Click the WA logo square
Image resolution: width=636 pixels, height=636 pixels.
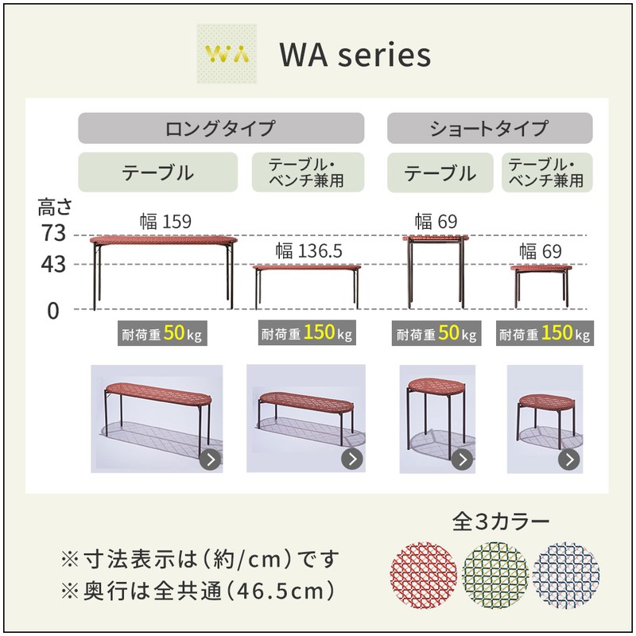(227, 53)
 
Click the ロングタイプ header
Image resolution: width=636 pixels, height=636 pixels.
(221, 128)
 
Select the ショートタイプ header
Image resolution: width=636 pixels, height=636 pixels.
(490, 128)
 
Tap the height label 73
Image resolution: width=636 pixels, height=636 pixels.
(53, 233)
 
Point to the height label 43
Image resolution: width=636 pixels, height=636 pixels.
(53, 265)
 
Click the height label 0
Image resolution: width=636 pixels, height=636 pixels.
(53, 311)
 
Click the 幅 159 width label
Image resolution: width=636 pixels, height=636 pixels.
(165, 222)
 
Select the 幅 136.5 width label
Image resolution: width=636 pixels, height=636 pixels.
(309, 251)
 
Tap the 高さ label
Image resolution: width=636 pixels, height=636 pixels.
(55, 207)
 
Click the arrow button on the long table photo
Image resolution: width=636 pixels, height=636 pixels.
(210, 460)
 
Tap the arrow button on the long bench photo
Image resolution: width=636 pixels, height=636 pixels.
(352, 459)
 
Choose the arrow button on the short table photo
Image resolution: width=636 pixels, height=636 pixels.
(463, 460)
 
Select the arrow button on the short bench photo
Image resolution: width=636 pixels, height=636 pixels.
(569, 460)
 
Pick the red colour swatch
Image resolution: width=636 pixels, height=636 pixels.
(424, 575)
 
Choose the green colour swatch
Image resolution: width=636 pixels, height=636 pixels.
(495, 575)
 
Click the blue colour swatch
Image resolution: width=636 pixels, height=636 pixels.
(566, 575)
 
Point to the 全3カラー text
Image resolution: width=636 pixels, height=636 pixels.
(501, 522)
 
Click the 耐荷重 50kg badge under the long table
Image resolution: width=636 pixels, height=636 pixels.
(162, 333)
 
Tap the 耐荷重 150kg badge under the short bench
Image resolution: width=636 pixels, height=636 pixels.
(545, 333)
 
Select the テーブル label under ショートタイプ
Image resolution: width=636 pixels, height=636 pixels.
(440, 173)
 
